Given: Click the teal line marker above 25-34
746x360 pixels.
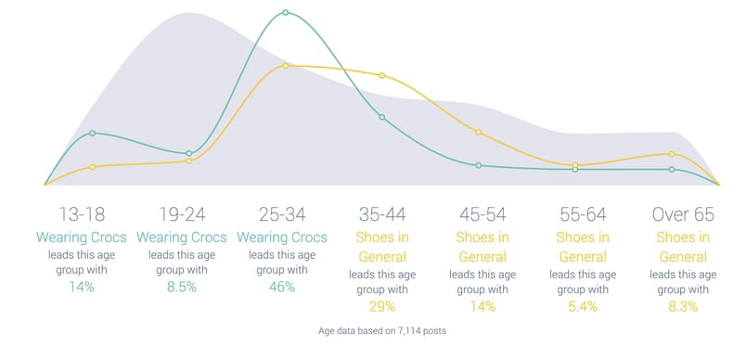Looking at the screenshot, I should tap(285, 13).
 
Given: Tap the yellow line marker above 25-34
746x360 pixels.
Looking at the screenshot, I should tap(285, 66).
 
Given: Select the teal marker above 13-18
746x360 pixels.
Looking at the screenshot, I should tap(93, 134).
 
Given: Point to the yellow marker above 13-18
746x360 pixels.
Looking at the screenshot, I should tap(93, 167).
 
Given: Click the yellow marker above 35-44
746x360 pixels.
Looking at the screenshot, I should tap(382, 75).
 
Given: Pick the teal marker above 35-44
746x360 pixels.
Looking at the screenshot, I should tap(382, 117).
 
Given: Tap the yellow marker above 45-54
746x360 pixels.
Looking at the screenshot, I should tap(479, 133).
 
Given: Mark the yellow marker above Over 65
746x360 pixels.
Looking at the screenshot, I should tap(671, 154).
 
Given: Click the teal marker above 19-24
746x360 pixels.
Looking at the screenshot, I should tap(189, 154).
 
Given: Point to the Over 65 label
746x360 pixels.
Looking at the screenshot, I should tap(683, 214).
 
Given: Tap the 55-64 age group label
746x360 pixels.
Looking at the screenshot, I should tap(583, 214).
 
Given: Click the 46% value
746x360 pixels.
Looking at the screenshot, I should tap(282, 287).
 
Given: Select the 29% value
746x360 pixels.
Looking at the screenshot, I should tap(382, 307).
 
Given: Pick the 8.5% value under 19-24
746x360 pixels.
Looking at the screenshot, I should tap(182, 287).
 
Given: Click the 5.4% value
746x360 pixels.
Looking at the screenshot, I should tap(583, 307).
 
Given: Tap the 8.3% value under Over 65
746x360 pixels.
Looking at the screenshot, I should tap(683, 307).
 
